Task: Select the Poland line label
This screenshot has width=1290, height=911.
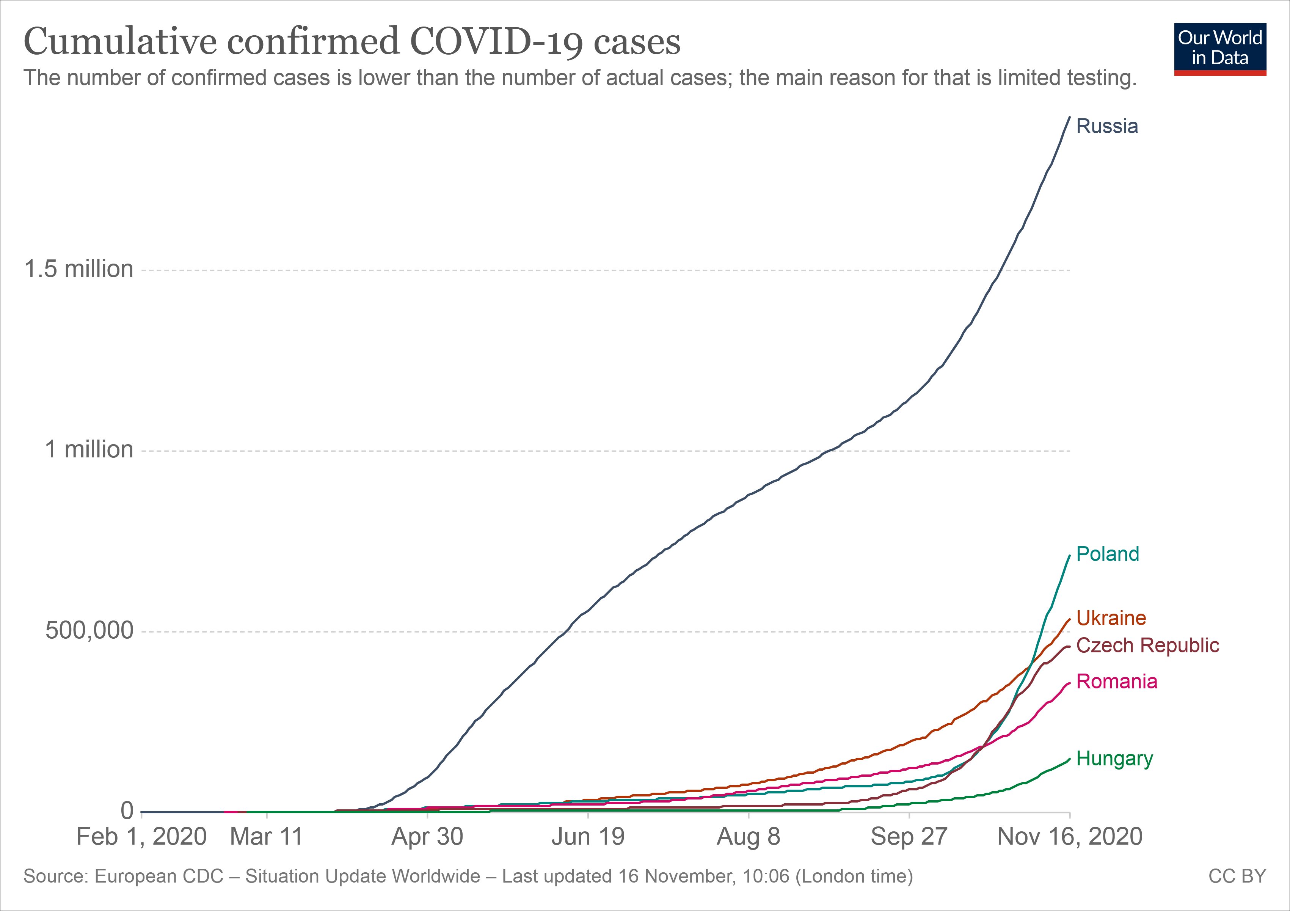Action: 1107,554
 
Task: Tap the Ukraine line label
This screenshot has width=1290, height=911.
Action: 1111,618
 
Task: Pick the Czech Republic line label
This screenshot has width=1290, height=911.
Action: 1147,646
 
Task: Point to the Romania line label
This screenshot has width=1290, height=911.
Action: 1116,682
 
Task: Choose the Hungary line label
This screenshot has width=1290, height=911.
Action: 1114,759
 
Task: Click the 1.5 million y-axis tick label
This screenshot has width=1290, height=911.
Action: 78,269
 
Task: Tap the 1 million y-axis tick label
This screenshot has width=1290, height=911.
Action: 89,449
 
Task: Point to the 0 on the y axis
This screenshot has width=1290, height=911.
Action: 127,810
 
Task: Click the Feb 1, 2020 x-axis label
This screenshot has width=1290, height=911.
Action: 141,837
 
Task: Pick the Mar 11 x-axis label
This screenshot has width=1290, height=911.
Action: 266,837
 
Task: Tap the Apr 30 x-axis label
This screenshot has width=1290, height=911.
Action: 427,837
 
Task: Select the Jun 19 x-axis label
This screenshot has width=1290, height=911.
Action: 588,837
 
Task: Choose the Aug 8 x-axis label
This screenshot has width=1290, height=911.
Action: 749,837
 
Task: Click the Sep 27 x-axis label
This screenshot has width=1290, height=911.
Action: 909,837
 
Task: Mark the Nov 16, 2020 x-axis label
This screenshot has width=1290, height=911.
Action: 1069,837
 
